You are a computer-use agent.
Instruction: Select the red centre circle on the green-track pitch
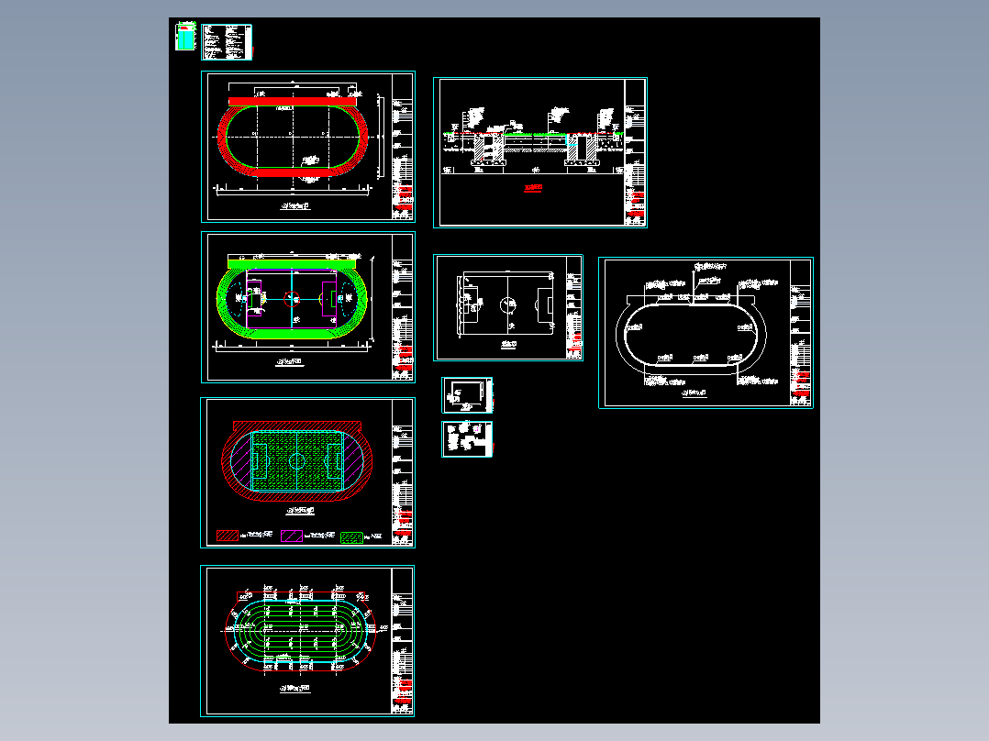coord(292,297)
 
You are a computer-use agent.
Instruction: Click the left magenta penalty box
coord(254,298)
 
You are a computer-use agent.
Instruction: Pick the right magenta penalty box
coord(329,298)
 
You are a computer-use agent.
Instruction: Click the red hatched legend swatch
coord(226,536)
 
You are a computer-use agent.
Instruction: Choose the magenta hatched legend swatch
coord(292,536)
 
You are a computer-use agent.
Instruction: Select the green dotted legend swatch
coord(351,536)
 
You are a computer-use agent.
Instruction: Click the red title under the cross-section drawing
coord(533,189)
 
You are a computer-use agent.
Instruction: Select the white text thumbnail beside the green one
coord(226,41)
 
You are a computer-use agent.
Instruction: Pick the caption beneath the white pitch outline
coord(507,344)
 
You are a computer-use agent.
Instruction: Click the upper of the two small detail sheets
coord(467,394)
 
